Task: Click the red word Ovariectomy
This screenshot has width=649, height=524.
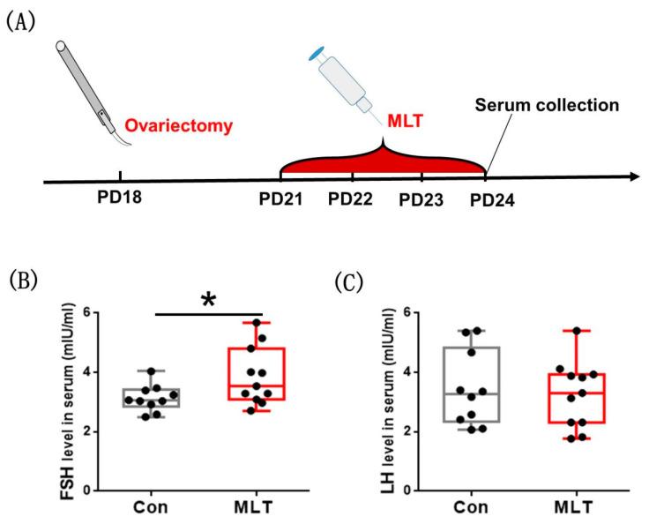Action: pos(179,126)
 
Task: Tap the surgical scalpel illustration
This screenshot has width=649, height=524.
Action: pos(85,85)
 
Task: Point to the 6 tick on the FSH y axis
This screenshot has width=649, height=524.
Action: pos(112,312)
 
